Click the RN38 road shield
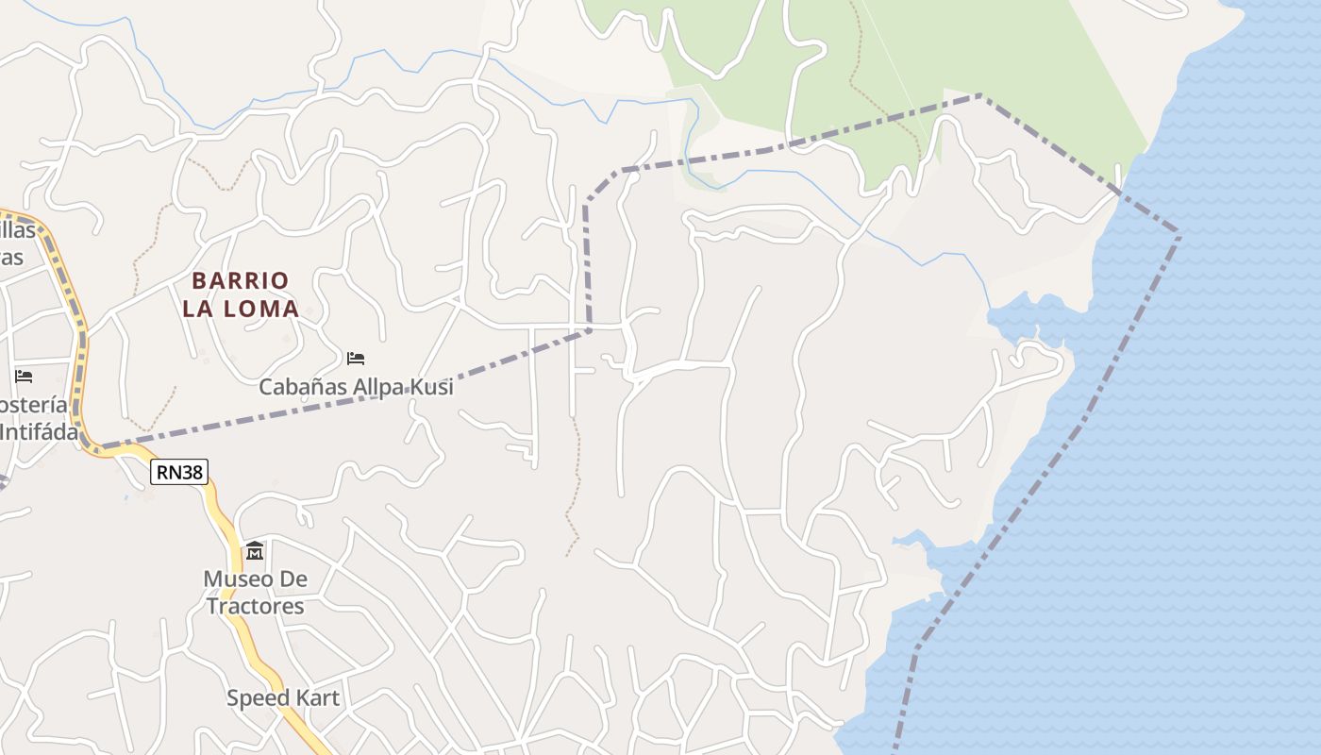click(179, 472)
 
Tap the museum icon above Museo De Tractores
click(255, 550)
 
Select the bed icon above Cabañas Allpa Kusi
click(356, 359)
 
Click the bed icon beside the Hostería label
click(24, 377)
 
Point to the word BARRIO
click(241, 280)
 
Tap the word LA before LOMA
click(199, 309)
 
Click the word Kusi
click(433, 387)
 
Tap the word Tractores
click(256, 606)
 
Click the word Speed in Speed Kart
click(256, 698)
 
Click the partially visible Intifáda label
click(38, 432)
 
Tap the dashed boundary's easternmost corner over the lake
click(1179, 230)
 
